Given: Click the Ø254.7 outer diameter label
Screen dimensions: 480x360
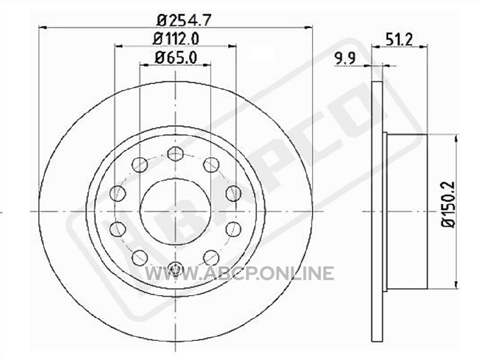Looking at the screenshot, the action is pyautogui.click(x=184, y=20).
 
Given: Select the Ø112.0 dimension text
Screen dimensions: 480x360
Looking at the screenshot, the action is pyautogui.click(x=176, y=39).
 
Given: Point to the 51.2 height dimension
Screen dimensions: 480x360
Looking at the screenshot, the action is pyautogui.click(x=399, y=40).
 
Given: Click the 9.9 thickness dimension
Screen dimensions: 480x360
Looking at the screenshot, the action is pyautogui.click(x=344, y=58).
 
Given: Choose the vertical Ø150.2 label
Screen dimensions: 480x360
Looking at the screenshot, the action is pyautogui.click(x=448, y=205).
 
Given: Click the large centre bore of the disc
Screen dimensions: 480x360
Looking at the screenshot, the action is pyautogui.click(x=175, y=211).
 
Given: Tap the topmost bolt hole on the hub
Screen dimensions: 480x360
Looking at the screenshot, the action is pyautogui.click(x=175, y=154).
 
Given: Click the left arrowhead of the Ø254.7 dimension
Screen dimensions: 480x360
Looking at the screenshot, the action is pyautogui.click(x=43, y=28).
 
